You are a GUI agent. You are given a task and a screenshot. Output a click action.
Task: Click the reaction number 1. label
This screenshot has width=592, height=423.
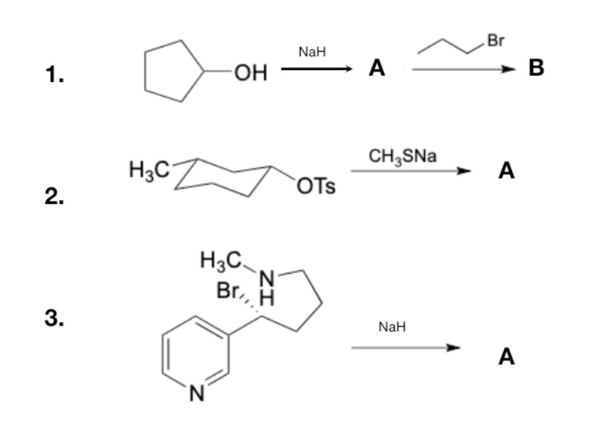tap(55, 75)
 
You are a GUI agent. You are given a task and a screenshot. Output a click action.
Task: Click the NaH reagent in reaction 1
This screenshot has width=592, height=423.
tap(312, 52)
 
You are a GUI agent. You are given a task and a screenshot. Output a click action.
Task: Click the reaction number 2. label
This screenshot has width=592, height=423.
tap(55, 196)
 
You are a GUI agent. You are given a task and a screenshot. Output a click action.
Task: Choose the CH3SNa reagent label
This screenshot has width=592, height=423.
tap(403, 157)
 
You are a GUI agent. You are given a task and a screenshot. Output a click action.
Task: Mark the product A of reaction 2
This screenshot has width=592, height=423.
tap(506, 172)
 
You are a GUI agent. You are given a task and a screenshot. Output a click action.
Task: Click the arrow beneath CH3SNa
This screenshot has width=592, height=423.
tap(411, 171)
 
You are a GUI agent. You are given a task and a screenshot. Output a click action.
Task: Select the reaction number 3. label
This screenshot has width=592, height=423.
tap(55, 318)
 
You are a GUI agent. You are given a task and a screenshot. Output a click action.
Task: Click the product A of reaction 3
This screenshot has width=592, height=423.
tap(506, 357)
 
